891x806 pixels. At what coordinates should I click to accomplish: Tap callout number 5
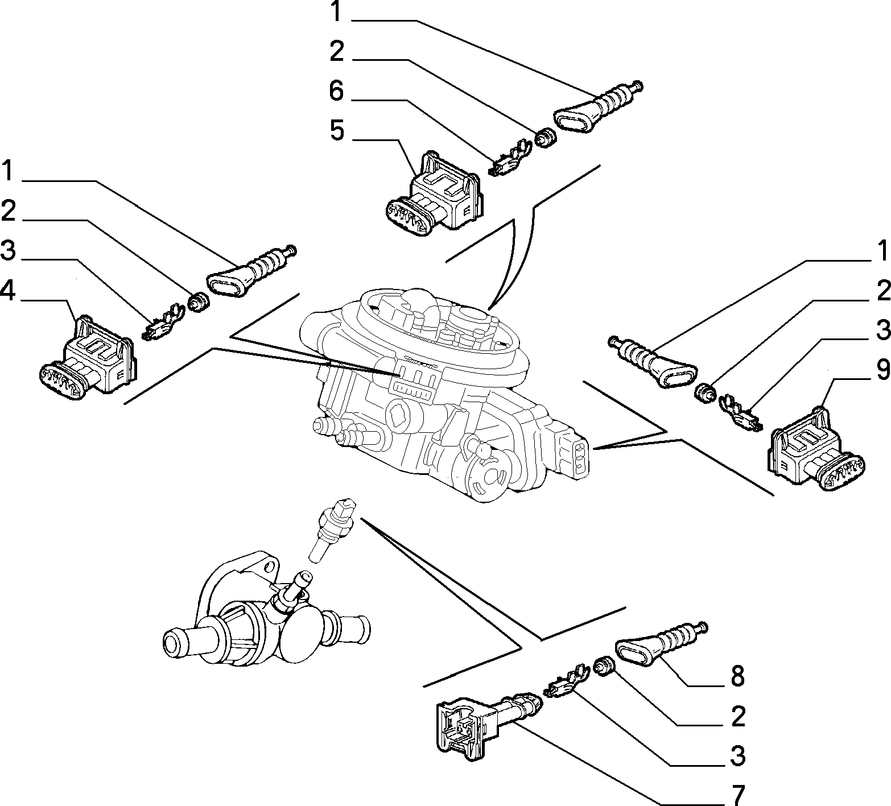337,130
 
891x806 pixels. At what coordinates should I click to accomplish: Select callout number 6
337,90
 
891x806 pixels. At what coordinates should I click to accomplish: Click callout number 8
737,677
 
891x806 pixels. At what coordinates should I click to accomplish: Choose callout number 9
882,370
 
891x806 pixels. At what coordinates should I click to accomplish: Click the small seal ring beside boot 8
604,666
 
